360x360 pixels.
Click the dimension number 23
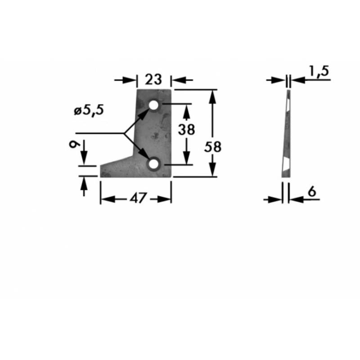(x=153, y=80)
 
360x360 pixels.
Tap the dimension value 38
(x=186, y=129)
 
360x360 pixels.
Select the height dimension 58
(x=213, y=147)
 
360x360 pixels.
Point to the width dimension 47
(x=138, y=198)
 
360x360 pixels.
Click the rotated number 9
(x=75, y=144)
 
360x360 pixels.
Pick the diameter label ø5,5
(x=89, y=111)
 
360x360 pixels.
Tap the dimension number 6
(x=311, y=192)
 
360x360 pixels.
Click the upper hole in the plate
(x=153, y=105)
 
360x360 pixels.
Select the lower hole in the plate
(x=153, y=164)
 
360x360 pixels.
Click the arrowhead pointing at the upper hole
(x=145, y=113)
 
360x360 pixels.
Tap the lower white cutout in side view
(x=286, y=164)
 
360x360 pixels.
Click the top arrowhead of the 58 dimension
(x=212, y=96)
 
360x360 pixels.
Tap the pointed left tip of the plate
(x=100, y=166)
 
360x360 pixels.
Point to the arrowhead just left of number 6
(x=275, y=199)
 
